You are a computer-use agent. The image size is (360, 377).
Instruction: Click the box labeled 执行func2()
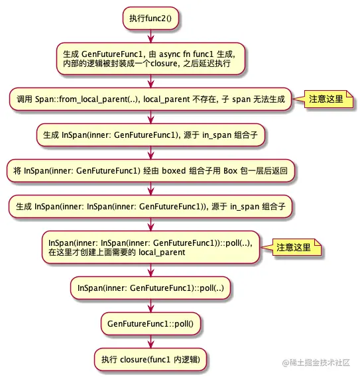click(x=150, y=19)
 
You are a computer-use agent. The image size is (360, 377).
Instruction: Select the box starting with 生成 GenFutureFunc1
click(x=150, y=59)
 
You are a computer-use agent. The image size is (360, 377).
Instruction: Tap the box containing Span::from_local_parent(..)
click(x=150, y=99)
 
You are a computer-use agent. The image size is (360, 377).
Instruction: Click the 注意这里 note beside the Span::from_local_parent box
click(x=328, y=99)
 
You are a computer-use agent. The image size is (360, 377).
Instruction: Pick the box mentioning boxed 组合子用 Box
click(x=150, y=171)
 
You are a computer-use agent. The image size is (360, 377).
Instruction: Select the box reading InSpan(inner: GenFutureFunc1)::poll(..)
click(x=150, y=288)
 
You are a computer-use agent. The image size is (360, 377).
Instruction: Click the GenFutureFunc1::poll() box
click(x=150, y=323)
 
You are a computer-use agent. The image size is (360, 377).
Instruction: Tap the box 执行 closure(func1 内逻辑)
click(x=150, y=360)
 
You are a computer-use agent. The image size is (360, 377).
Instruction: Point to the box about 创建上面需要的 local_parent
click(x=150, y=247)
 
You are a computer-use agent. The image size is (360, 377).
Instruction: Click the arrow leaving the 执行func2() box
click(x=151, y=36)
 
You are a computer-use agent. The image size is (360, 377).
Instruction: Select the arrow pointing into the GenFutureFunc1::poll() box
click(x=151, y=306)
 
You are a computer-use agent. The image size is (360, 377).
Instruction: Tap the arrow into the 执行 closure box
click(x=151, y=342)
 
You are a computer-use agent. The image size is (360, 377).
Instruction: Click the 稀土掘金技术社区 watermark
click(x=316, y=362)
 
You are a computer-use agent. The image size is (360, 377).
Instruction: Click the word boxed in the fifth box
click(x=174, y=171)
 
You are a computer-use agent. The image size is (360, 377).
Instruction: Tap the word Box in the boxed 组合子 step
click(x=231, y=171)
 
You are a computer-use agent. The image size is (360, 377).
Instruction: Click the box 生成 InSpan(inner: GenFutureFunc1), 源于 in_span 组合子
click(x=150, y=135)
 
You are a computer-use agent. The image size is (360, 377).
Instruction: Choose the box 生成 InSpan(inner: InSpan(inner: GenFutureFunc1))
click(x=150, y=207)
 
